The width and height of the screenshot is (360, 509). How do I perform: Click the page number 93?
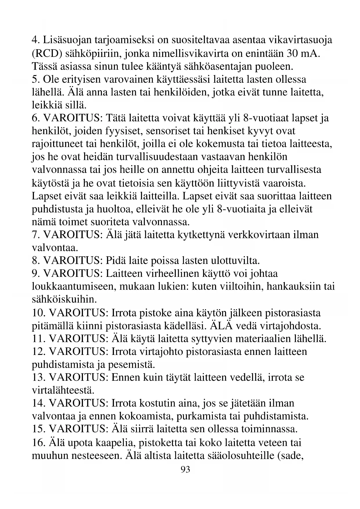(x=185, y=469)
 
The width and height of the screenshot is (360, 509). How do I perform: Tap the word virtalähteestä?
(x=63, y=390)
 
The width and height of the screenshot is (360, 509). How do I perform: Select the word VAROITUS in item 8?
(x=73, y=261)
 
